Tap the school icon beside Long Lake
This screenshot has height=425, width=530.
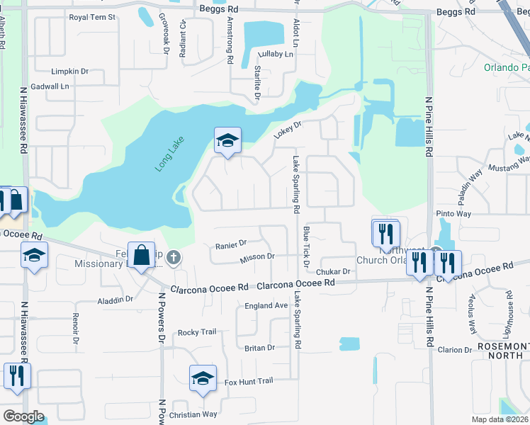(x=227, y=140)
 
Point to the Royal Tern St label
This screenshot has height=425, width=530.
(x=91, y=17)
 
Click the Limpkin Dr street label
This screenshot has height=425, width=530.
(x=69, y=72)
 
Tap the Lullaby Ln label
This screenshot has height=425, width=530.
(x=276, y=55)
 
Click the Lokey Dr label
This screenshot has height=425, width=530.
(x=288, y=130)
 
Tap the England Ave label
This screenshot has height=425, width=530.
(x=266, y=305)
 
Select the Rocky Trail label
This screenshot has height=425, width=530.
(x=196, y=332)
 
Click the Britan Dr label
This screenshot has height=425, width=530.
(x=259, y=348)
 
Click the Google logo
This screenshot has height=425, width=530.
(x=23, y=416)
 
